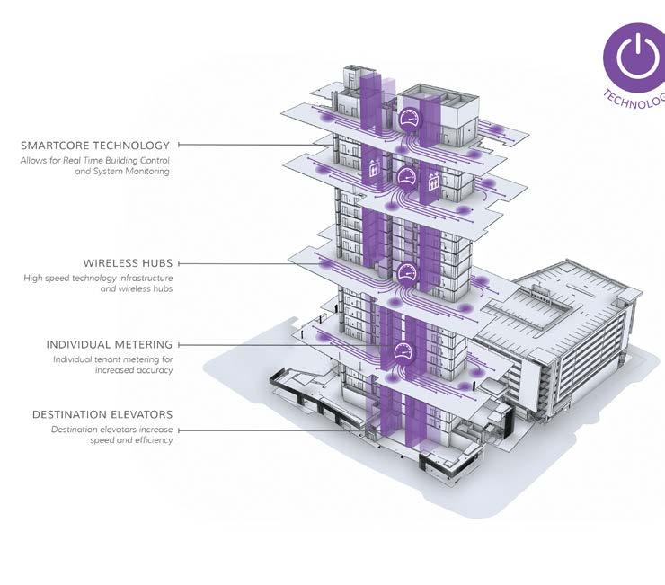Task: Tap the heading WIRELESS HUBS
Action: [128, 263]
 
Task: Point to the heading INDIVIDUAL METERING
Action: [110, 344]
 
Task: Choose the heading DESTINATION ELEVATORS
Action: [102, 414]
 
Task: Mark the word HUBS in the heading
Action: [157, 263]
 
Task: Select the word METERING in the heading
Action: [143, 344]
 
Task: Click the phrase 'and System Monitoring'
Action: [123, 171]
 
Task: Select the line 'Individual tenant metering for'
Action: [113, 359]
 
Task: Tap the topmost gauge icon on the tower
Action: [409, 117]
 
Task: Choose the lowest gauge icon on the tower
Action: [402, 351]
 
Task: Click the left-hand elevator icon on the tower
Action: [375, 168]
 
